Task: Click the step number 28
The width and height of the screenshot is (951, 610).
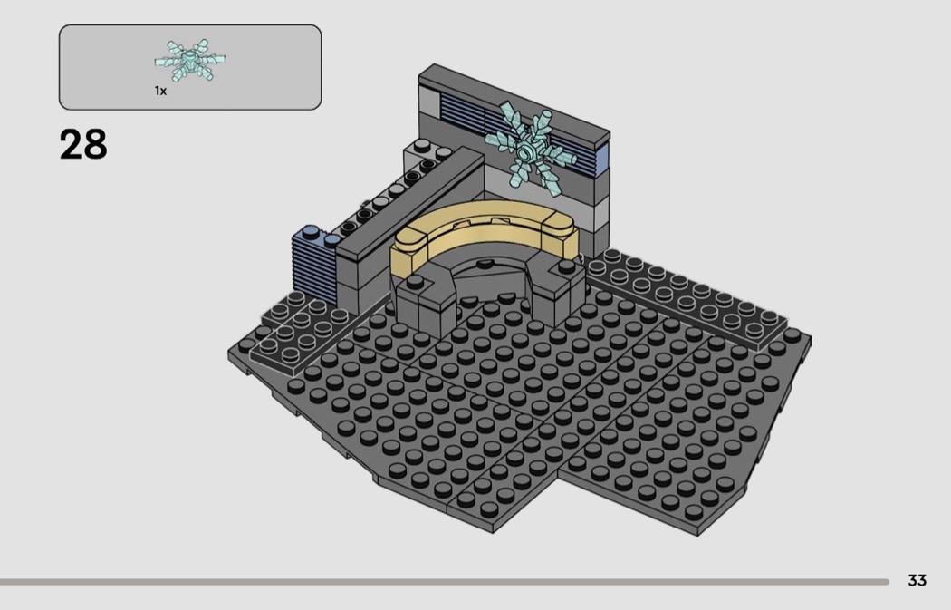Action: tap(83, 144)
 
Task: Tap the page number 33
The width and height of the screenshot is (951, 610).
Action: tap(917, 580)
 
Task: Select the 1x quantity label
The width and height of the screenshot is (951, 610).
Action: tap(160, 91)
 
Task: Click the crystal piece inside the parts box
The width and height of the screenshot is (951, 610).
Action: tap(190, 60)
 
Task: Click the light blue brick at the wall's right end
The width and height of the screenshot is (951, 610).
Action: tap(602, 157)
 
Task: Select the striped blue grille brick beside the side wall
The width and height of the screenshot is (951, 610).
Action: tap(314, 267)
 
